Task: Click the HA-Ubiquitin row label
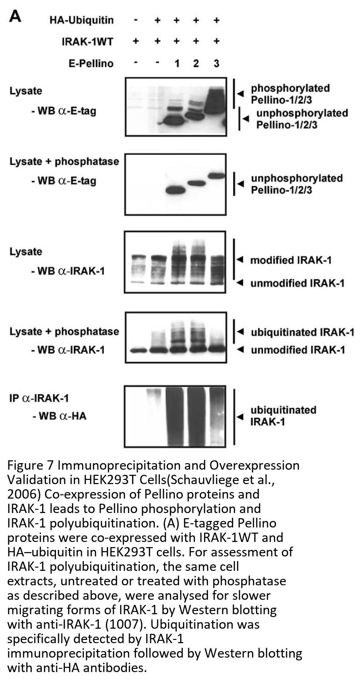pos(82,21)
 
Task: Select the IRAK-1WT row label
pos(87,42)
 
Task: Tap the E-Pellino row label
pos(91,63)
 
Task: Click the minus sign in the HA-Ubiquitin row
pos(136,21)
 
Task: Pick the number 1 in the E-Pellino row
pos(177,63)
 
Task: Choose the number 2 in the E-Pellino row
pos(196,63)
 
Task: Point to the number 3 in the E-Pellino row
pos(216,63)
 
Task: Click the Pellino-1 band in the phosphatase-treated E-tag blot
pos(175,191)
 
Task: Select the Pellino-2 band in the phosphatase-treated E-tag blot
pos(196,183)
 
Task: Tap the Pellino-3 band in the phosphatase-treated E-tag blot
pos(216,175)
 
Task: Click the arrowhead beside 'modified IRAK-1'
pos(240,260)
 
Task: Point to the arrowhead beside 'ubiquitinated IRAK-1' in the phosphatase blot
pos(241,332)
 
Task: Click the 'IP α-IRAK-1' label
pos(39,398)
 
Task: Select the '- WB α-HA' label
pos(60,416)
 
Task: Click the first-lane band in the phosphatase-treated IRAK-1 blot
pos(138,350)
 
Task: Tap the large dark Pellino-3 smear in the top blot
pos(215,101)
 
